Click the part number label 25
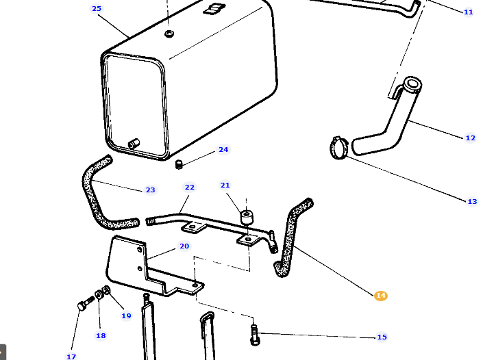(97, 9)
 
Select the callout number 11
(469, 12)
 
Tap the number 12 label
(470, 138)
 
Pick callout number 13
(472, 201)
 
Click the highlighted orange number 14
(381, 296)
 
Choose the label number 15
(382, 337)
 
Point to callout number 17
(71, 357)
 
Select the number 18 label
(101, 335)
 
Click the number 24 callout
(223, 150)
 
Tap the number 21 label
(225, 185)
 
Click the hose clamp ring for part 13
(338, 146)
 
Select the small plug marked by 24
(179, 164)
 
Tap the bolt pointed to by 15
(255, 335)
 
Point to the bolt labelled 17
(82, 305)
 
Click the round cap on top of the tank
(169, 33)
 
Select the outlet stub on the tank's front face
(133, 143)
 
